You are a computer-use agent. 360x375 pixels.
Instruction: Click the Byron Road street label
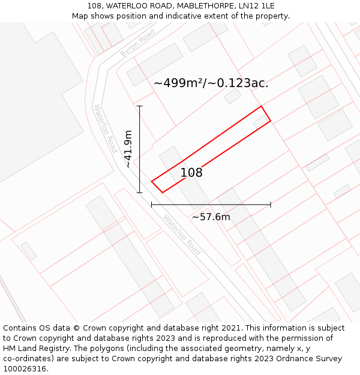[137, 43]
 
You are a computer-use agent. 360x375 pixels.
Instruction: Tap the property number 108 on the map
[191, 173]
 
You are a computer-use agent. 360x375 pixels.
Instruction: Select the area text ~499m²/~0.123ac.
[211, 83]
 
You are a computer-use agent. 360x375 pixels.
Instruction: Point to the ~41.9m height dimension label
[128, 149]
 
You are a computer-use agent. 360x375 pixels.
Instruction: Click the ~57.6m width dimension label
[211, 217]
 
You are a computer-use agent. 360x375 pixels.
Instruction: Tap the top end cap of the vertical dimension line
[140, 106]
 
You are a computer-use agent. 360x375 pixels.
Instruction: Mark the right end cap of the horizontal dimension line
[271, 205]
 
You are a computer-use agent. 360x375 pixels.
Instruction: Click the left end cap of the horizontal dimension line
[152, 205]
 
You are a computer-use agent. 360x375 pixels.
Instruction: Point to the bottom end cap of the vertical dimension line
[140, 193]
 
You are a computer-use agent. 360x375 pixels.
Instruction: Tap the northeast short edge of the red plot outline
[266, 114]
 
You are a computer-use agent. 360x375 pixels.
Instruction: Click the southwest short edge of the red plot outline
[157, 187]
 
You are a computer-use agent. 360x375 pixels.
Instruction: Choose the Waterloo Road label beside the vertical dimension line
[105, 128]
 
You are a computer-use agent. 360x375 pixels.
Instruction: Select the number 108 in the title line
[95, 6]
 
